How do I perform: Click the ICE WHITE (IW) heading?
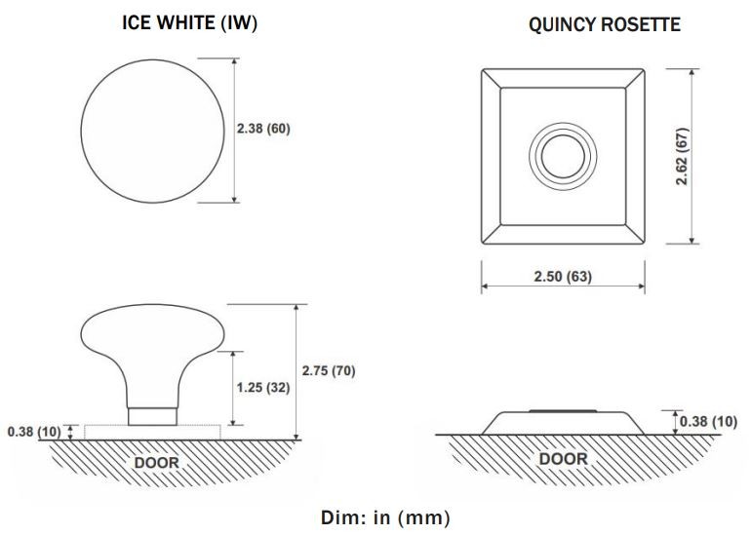pos(189,22)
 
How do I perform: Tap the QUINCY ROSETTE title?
pos(605,24)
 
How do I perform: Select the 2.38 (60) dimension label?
pos(263,129)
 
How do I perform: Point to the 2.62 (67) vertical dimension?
pos(682,156)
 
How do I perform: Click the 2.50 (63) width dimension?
pos(563,277)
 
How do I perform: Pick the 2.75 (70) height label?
pos(329,371)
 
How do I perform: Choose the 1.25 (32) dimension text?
pos(263,388)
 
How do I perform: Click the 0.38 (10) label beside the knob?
pos(34,432)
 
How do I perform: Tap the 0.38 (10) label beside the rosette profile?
pos(708,422)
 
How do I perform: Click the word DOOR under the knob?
pos(157,463)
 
